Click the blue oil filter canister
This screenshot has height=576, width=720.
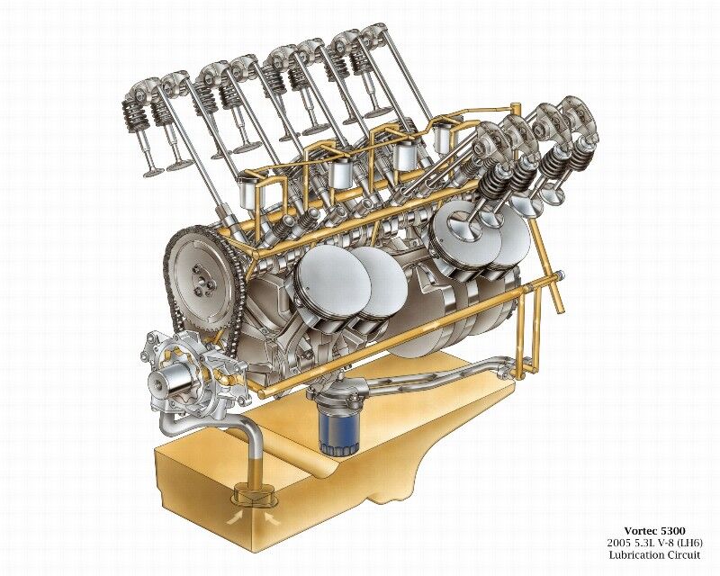point(338,430)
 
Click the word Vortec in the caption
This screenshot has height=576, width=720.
point(640,532)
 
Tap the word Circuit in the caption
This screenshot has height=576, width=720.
point(684,555)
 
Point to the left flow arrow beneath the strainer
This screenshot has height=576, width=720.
point(233,518)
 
